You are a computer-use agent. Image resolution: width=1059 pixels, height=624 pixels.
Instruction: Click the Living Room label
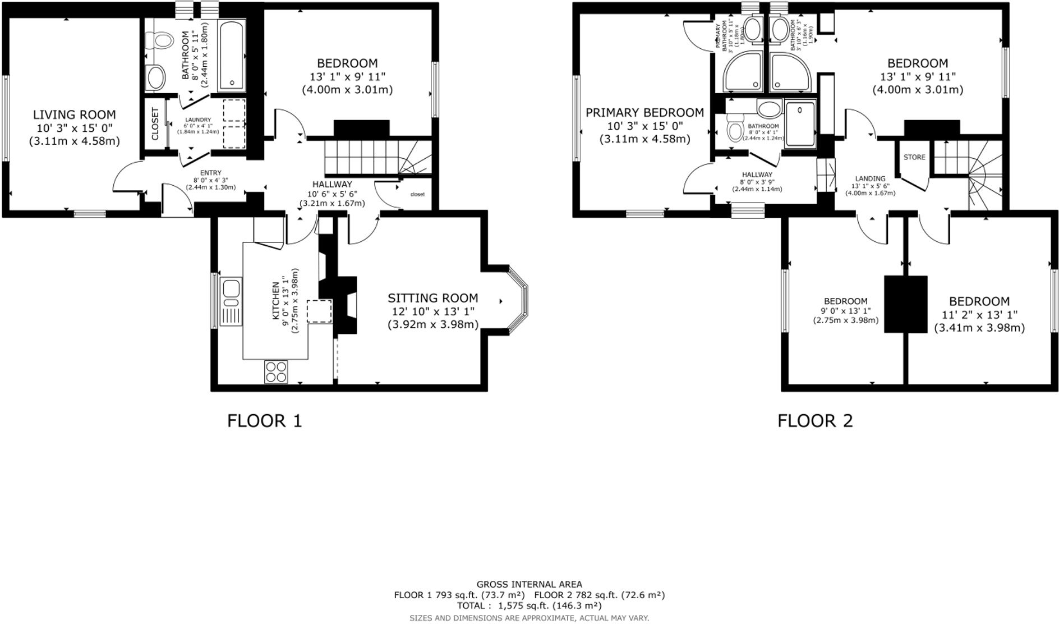[x=74, y=115]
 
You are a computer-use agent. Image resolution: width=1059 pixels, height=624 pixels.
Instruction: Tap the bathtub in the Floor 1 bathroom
[x=232, y=55]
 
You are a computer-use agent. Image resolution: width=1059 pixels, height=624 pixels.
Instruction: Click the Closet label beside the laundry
[x=155, y=124]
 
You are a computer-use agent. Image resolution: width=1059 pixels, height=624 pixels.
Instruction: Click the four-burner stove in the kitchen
[x=276, y=371]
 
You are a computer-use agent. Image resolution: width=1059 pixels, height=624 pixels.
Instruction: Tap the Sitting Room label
[x=432, y=298]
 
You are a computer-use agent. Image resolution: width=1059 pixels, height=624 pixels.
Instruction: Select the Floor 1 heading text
[x=264, y=420]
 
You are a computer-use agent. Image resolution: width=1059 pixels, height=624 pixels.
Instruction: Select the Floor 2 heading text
[x=814, y=420]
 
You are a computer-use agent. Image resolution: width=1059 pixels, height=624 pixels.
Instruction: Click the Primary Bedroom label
[x=644, y=113]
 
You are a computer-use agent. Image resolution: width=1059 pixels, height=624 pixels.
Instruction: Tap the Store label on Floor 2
[x=914, y=157]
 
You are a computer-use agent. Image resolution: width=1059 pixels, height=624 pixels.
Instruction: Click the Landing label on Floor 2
[x=870, y=178]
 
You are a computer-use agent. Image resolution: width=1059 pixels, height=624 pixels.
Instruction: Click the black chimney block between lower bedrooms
[x=906, y=304]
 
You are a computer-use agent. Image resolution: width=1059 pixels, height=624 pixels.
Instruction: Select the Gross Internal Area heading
[x=529, y=584]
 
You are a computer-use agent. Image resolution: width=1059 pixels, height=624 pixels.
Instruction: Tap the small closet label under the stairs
[x=417, y=194]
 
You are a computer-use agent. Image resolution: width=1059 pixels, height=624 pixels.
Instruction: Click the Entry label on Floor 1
[x=210, y=173]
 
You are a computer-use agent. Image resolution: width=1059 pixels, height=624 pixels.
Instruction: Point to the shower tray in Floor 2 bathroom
[x=800, y=123]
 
